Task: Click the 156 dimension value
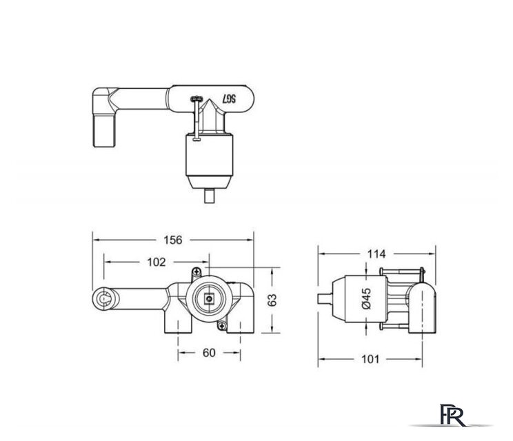[x=173, y=240]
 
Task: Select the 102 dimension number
[x=157, y=262]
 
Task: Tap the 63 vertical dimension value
[x=272, y=300]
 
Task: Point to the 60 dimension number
[x=209, y=353]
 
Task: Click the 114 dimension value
[x=376, y=254]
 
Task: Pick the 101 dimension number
[x=370, y=359]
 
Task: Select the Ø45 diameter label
[x=367, y=298]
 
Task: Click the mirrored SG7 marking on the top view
[x=229, y=99]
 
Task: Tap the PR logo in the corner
[x=452, y=415]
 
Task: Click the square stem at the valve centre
[x=208, y=298]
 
